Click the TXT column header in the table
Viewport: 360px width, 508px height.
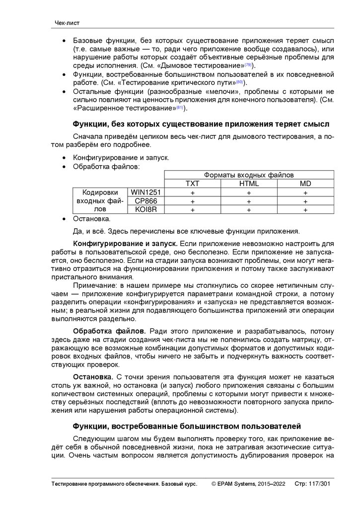coord(192,184)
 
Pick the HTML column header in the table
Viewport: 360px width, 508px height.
coord(249,184)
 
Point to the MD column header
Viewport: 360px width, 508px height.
coord(305,184)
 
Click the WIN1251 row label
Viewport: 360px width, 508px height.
coord(146,192)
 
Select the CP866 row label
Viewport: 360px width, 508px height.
coord(146,201)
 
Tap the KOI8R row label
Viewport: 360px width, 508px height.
coord(146,210)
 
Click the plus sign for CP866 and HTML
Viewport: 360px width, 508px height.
coord(249,201)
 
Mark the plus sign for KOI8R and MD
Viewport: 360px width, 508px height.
coord(305,210)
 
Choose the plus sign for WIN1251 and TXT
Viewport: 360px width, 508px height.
coord(192,192)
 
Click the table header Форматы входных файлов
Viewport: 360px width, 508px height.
coord(249,175)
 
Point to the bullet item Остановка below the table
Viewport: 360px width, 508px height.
coord(91,218)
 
